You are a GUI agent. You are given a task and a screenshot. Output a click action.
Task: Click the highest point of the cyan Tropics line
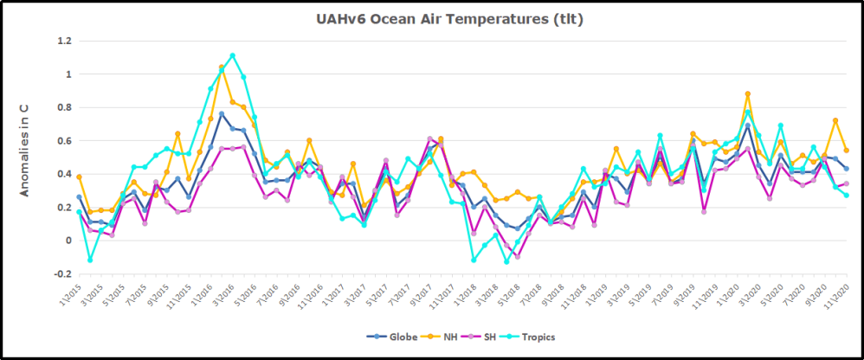coord(232,55)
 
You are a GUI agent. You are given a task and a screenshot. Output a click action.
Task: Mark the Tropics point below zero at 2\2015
coord(90,260)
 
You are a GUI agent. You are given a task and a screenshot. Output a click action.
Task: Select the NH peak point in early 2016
coord(222,67)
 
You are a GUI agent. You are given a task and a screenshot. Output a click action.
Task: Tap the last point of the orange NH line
coord(846,151)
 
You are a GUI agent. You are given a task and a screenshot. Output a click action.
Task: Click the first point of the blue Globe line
coord(79,197)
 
